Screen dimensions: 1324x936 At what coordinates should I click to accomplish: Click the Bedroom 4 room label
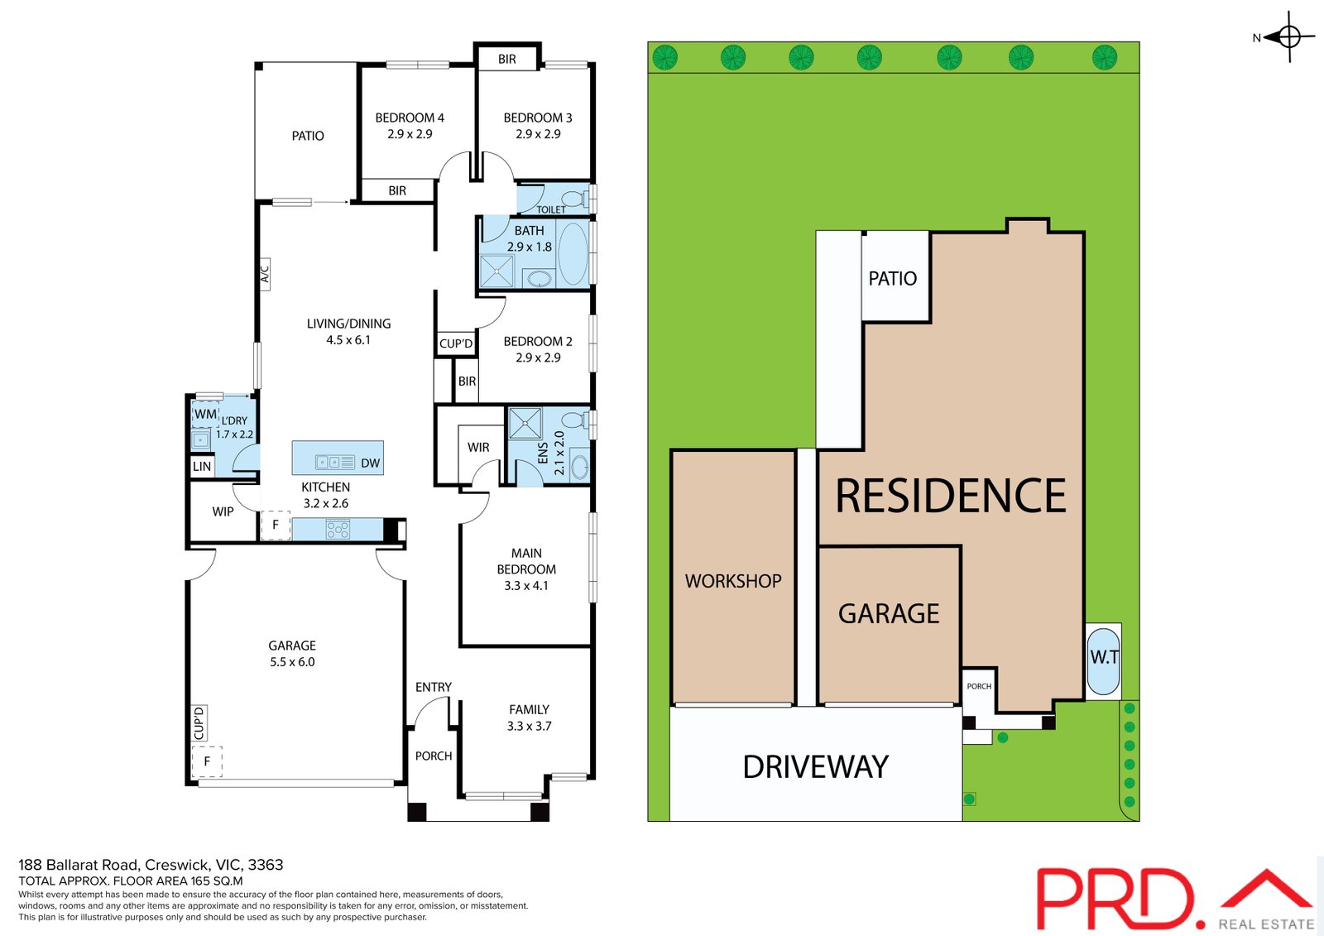coord(410,118)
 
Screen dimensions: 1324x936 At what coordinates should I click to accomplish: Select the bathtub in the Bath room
coord(573,254)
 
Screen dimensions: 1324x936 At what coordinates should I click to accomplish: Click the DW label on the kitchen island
coord(370,463)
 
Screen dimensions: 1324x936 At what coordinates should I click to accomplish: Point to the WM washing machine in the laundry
coord(205,414)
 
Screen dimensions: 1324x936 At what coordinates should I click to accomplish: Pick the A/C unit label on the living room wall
coord(265,274)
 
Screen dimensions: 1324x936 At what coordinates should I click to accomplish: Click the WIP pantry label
coord(223,511)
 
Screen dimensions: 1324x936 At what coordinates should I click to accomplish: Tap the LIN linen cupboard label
coord(202,466)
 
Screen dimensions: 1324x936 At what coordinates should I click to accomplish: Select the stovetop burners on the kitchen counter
coord(338,529)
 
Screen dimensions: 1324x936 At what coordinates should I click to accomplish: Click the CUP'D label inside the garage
coord(199,722)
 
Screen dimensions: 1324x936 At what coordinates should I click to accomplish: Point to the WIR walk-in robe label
coord(478,447)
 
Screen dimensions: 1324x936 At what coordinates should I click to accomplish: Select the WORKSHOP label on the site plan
coord(733,581)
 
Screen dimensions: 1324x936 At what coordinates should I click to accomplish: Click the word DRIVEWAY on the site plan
coord(815,767)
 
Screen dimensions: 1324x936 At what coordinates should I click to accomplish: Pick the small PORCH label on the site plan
coord(979,686)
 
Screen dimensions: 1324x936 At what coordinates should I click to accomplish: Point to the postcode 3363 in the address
coord(266,865)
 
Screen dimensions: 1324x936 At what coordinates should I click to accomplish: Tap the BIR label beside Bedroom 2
coord(467,382)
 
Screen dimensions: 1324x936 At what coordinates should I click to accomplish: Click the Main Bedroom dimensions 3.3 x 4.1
coord(526,585)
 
